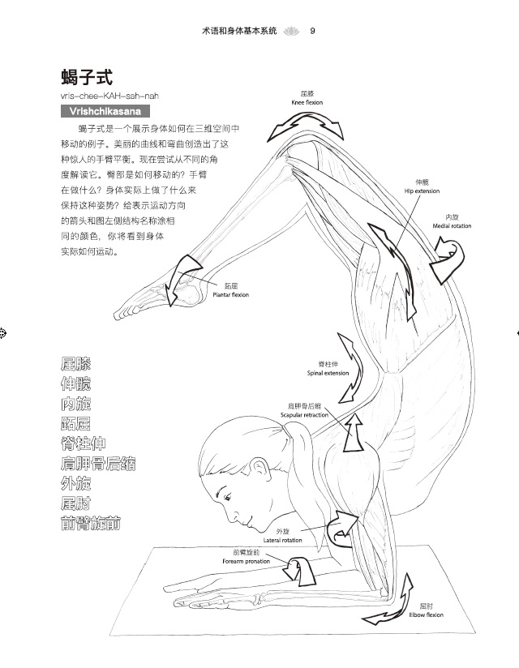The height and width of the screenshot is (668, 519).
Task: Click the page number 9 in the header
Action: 312,31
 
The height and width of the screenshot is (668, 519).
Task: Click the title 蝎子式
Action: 86,78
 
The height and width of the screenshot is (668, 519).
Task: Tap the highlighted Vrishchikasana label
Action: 110,111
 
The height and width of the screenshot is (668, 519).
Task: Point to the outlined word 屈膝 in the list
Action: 75,364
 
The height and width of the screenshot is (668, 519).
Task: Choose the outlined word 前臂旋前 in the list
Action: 91,524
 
